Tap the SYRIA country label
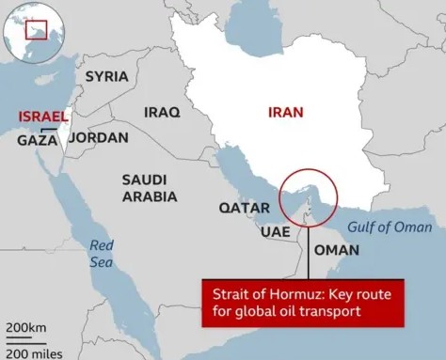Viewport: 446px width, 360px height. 107,77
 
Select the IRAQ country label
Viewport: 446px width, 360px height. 161,112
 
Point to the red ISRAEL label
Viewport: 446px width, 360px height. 42,116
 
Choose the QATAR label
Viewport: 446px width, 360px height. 245,207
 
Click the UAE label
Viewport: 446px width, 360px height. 275,231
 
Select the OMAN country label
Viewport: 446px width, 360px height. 336,250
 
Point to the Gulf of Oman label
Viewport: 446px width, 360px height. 390,227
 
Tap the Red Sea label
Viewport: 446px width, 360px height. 102,254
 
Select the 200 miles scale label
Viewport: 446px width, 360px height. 33,352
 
